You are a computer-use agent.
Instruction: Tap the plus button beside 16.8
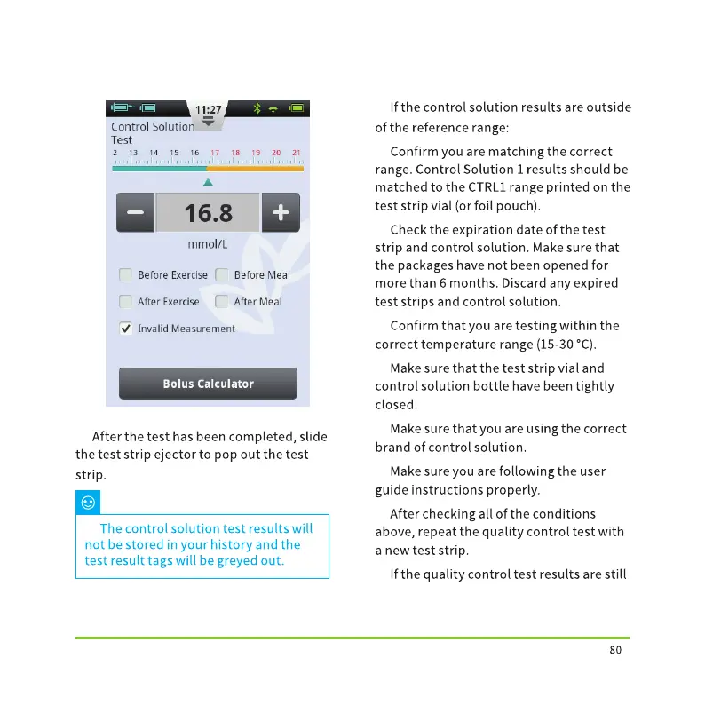[281, 213]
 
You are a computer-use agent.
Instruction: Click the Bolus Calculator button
[208, 384]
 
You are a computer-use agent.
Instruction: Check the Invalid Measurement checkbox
[126, 329]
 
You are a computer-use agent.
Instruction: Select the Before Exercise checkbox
[126, 275]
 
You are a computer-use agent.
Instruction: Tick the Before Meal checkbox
[222, 275]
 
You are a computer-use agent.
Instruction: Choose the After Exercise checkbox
[126, 302]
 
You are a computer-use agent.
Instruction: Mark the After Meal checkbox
[222, 302]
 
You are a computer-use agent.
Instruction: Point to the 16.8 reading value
[208, 213]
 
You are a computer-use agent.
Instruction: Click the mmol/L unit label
[208, 244]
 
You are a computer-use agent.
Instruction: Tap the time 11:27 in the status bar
[208, 110]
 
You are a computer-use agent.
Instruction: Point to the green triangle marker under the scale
[208, 182]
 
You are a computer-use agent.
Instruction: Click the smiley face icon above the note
[88, 503]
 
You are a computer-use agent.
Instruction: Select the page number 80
[616, 650]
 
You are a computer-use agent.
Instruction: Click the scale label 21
[297, 153]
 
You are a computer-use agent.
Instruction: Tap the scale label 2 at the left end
[115, 153]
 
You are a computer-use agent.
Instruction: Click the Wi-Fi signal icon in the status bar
[274, 108]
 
